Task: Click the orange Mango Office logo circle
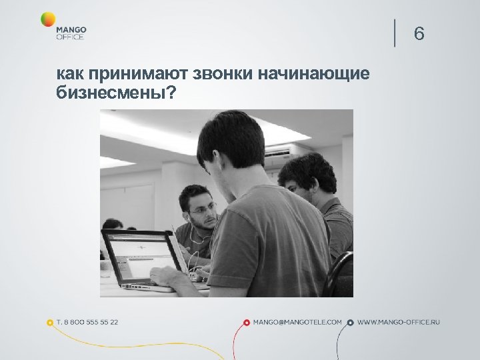(48, 20)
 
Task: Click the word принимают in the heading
(134, 73)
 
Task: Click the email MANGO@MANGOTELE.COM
(297, 322)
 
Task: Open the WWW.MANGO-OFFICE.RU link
(399, 322)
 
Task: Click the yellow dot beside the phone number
(49, 323)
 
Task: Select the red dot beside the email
(247, 323)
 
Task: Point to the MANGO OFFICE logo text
(71, 33)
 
